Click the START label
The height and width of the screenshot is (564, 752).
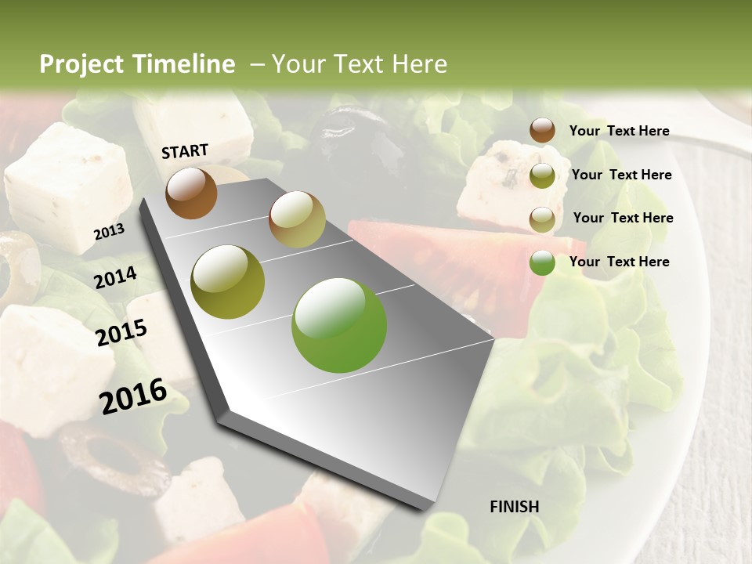click(185, 151)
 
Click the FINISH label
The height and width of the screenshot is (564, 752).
click(514, 507)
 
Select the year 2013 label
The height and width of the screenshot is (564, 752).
click(109, 232)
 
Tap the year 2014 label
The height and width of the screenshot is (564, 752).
click(116, 277)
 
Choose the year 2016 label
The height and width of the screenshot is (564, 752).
click(133, 396)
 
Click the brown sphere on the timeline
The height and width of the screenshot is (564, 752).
click(191, 193)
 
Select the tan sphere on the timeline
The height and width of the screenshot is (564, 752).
click(297, 219)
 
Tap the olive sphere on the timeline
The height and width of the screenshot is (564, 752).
click(228, 282)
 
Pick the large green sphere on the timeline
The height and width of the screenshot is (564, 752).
click(339, 325)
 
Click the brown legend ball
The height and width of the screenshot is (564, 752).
click(542, 131)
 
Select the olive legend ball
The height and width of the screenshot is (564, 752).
click(542, 175)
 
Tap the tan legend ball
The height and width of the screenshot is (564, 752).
click(542, 219)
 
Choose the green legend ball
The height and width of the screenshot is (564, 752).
click(542, 262)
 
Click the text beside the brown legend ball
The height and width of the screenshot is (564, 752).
click(619, 131)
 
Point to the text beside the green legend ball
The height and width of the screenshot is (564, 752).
click(619, 262)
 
